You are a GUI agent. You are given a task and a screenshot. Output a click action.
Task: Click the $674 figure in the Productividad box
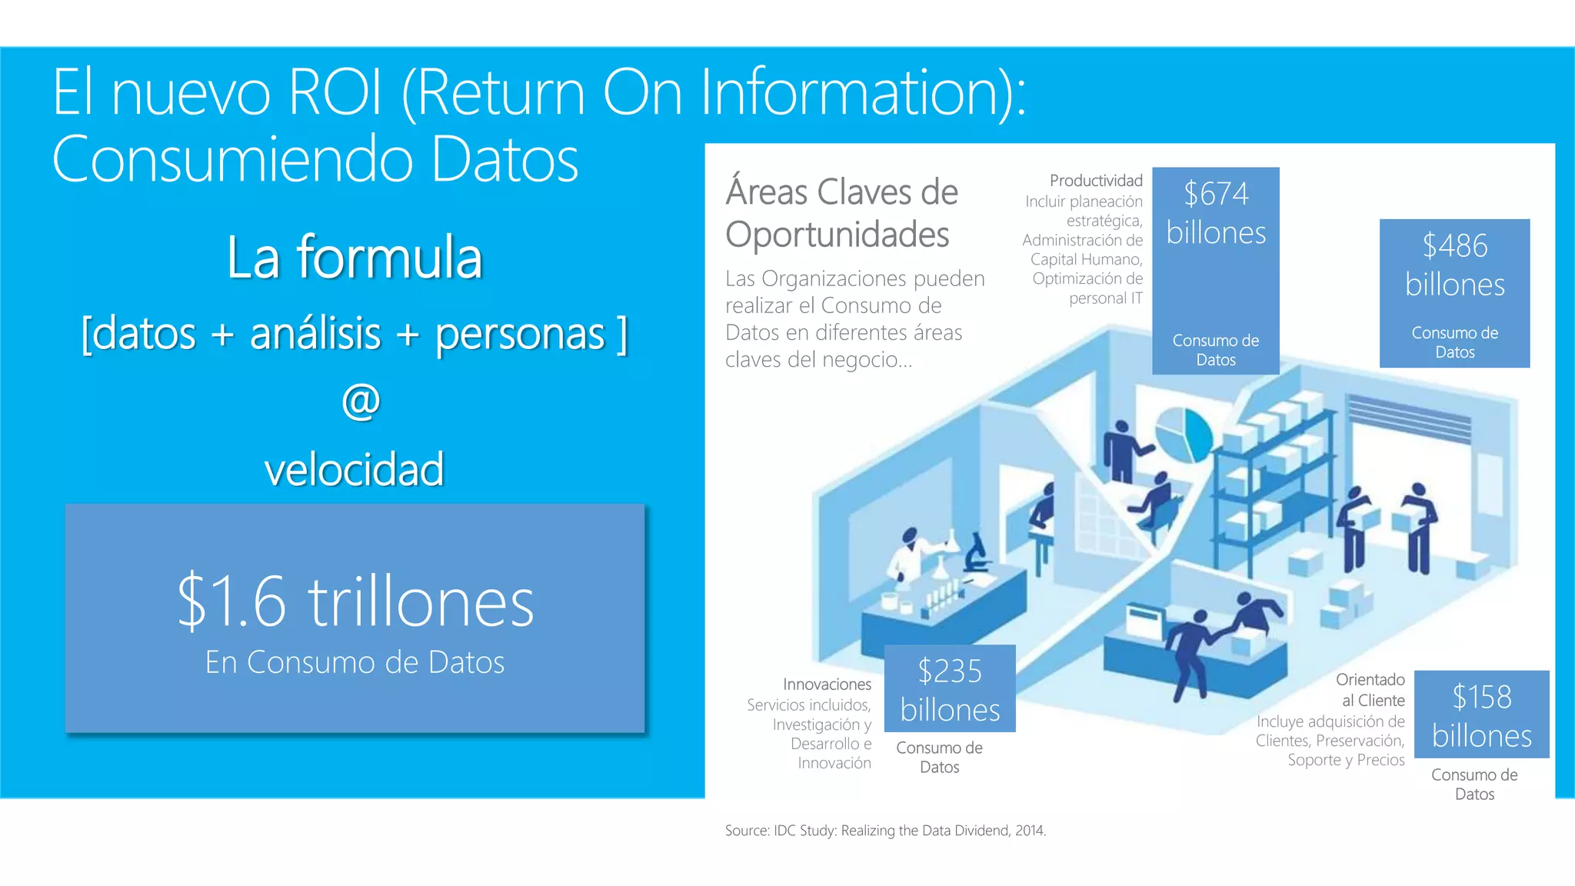point(1216,194)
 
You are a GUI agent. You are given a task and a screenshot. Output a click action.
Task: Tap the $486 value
point(1454,246)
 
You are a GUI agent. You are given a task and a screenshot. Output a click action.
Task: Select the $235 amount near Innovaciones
point(950,671)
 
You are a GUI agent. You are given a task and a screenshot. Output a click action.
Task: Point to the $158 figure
point(1482,698)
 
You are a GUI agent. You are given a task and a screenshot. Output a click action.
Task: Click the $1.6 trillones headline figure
point(355,602)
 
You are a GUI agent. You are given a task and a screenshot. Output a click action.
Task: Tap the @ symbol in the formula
point(361,401)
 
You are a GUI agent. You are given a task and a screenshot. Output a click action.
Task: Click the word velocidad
point(355,469)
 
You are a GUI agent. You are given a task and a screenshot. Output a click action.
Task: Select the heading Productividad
point(1096,181)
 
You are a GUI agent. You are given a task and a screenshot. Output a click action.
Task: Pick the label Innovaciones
point(827,684)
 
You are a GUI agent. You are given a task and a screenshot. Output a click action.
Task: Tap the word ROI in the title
point(335,92)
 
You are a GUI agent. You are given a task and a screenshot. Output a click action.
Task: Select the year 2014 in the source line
point(1030,831)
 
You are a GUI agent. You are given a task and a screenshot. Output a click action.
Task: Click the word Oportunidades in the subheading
point(837,235)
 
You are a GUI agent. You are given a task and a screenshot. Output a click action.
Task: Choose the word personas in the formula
point(520,335)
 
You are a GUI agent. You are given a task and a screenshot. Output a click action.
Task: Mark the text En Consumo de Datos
point(355,662)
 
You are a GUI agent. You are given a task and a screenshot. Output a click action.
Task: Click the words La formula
point(355,258)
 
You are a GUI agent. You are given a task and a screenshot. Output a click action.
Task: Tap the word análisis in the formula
point(315,333)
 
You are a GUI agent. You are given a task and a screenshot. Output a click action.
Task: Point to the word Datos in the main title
point(504,159)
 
